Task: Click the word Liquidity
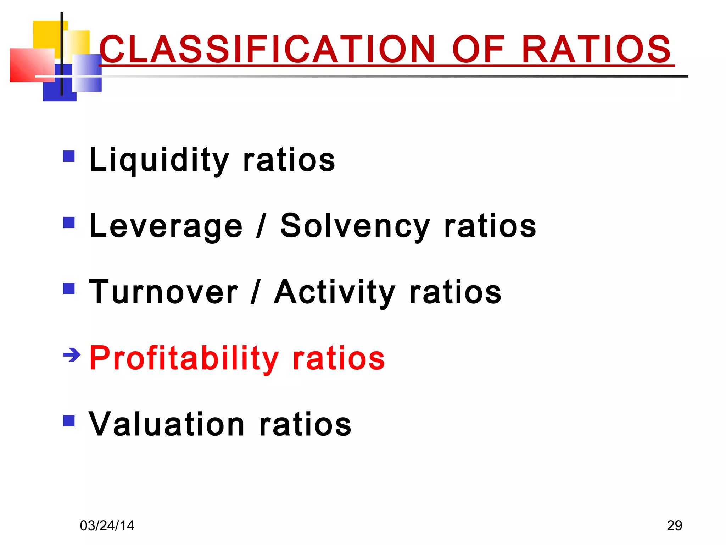[x=159, y=160]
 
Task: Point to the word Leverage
[x=166, y=226]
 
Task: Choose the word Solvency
[x=355, y=226]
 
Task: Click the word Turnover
[x=163, y=292]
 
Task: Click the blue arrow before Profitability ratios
[x=72, y=354]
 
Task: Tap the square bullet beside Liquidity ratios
[x=69, y=156]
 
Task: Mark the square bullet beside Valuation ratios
[x=69, y=421]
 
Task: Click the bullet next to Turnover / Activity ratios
[x=69, y=288]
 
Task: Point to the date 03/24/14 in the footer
[x=107, y=525]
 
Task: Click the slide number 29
[x=674, y=525]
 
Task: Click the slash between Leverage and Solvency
[x=261, y=226]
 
